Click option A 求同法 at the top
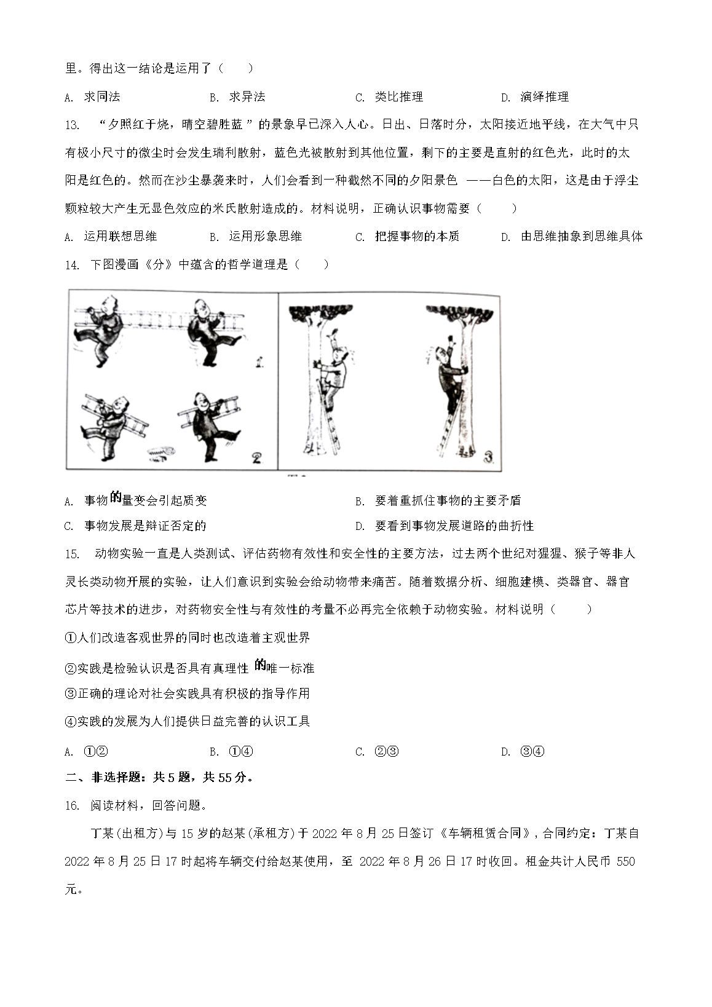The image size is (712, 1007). point(92,97)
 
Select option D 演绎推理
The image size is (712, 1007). point(535,97)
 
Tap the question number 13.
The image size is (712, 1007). point(72,125)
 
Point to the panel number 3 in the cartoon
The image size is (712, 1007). point(489,457)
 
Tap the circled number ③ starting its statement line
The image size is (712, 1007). point(69,693)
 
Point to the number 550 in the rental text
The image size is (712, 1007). point(625,861)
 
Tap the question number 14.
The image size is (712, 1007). point(72,265)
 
